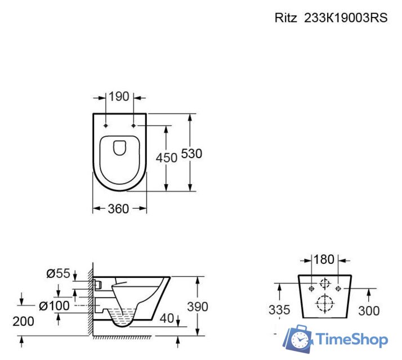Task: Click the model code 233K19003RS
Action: click(346, 17)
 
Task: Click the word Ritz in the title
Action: click(286, 17)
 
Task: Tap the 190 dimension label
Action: click(119, 97)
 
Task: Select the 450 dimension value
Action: click(167, 158)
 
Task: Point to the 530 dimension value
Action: click(191, 154)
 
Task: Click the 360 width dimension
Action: click(118, 209)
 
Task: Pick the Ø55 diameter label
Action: click(59, 274)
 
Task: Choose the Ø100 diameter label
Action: click(55, 306)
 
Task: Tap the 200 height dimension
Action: click(23, 321)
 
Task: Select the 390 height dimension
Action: click(197, 307)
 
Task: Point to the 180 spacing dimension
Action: click(324, 260)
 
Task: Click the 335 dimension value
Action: click(280, 310)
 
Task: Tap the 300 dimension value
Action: click(368, 310)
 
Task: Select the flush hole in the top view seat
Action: click(119, 148)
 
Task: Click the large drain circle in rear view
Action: click(324, 304)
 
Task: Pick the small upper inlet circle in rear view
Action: click(324, 284)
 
